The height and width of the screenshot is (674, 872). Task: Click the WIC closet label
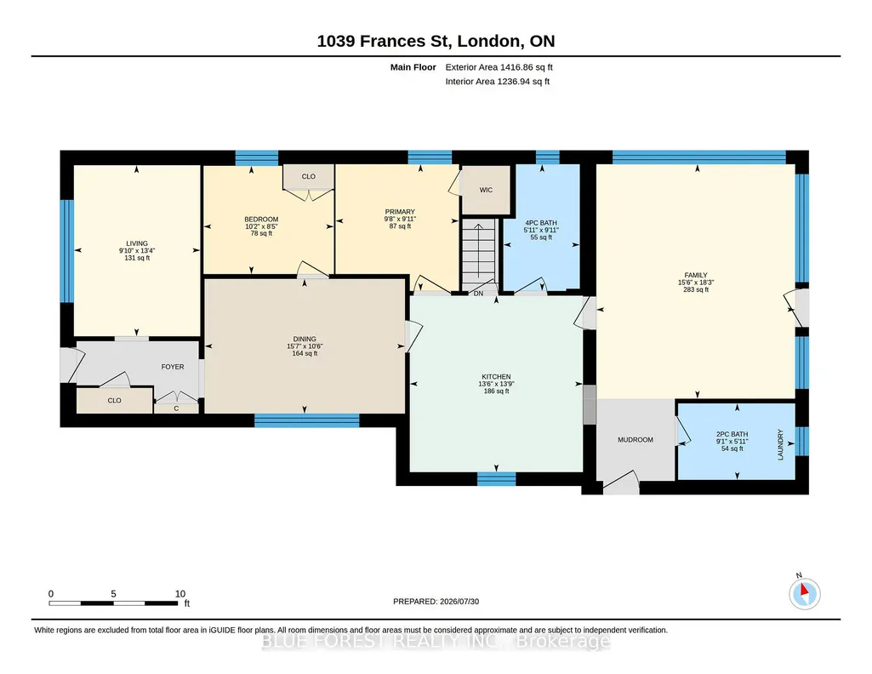[x=486, y=190]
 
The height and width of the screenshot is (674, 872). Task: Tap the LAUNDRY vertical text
[x=780, y=444]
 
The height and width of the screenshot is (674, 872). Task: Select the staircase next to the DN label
[x=479, y=253]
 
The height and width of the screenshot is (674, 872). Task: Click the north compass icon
[x=804, y=593]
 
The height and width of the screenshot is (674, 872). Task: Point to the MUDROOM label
[x=635, y=440]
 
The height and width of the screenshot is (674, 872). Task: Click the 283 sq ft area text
[x=696, y=289]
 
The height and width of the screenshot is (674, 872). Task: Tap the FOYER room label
[x=173, y=367]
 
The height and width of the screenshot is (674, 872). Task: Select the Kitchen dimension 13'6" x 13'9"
[x=496, y=384]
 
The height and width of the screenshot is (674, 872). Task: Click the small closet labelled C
[x=176, y=408]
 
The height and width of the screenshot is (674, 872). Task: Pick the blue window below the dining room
[x=307, y=420]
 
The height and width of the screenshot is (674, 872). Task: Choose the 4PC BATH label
[x=541, y=223]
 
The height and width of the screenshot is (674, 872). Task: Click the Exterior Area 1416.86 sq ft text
[x=499, y=67]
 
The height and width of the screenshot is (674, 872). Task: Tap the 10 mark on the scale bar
[x=180, y=593]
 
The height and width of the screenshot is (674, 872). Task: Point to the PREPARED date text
[x=436, y=602]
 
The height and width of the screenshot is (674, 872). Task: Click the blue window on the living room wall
[x=66, y=251]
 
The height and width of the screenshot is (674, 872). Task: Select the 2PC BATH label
[x=732, y=434]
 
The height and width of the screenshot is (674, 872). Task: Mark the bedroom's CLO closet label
[x=309, y=177]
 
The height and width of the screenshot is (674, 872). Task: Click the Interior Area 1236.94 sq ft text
[x=497, y=81]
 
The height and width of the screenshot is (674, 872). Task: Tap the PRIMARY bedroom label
[x=400, y=212]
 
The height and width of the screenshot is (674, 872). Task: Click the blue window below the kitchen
[x=497, y=479]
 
